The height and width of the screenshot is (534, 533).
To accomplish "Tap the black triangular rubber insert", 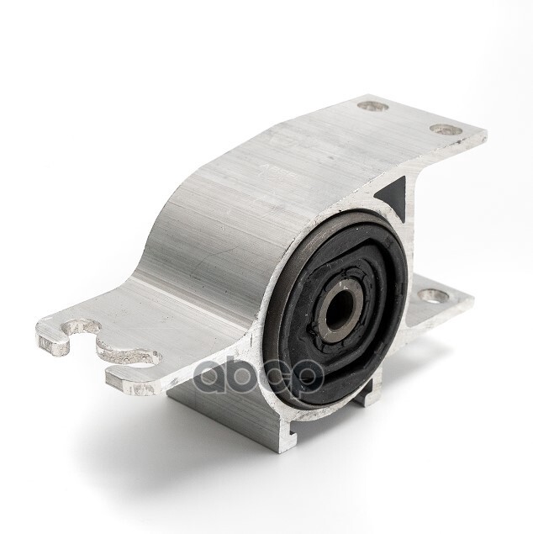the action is pos(392,195).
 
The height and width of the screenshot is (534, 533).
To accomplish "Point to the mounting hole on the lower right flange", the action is pos(433,296).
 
